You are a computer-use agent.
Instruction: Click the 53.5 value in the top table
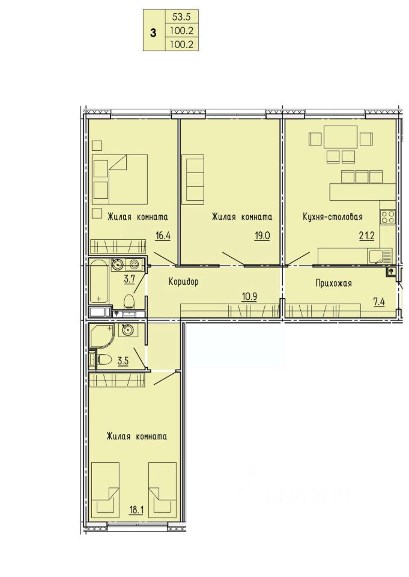pos(182,16)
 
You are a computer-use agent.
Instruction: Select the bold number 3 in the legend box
pos(153,32)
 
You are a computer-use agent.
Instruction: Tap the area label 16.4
pos(163,236)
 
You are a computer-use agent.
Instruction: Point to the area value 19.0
pos(262,236)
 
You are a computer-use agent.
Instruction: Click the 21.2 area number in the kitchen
pos(367,236)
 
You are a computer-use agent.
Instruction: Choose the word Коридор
pos(184,282)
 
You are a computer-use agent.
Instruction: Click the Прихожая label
pos(333,283)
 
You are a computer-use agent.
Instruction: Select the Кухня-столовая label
pos(333,217)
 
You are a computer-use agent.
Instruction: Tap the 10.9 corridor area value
pos(249,296)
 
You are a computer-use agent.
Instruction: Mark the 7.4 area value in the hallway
pos(379,302)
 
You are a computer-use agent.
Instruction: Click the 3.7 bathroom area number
pos(129,279)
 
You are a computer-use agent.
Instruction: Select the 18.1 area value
pos(136,510)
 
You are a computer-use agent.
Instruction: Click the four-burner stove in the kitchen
pos(387,217)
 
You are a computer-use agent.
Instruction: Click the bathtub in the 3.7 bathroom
pos(99,281)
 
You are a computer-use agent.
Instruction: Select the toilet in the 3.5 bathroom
pos(105,359)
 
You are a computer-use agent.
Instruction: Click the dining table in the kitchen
pos(341,137)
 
